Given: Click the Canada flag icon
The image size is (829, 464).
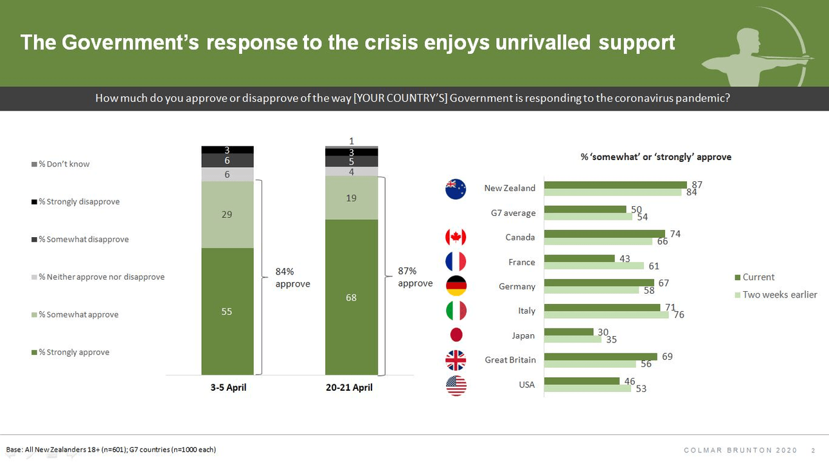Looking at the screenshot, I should point(456,237).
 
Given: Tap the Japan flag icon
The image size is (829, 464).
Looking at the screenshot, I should point(456,335).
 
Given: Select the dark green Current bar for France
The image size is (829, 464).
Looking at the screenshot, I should point(579,258).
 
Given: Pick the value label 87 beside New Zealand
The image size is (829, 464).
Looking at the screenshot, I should point(697,184).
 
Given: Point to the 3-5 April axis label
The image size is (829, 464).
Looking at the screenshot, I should point(228,388).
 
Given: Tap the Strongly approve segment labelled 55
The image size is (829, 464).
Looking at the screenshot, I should point(227,311).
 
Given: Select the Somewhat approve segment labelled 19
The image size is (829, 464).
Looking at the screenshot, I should point(351,198).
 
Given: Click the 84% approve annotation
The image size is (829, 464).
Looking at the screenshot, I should point(292,278).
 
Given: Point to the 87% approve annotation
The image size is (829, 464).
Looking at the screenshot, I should point(415,278).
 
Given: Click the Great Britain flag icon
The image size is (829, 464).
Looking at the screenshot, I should point(456,360).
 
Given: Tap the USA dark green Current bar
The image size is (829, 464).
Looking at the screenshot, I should point(582,381).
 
